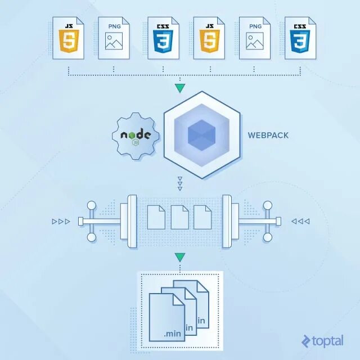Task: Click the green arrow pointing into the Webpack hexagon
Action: point(179,88)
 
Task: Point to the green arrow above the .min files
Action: point(179,258)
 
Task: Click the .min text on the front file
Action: point(172,333)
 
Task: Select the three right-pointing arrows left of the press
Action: point(61,221)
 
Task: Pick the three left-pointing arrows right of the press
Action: point(300,221)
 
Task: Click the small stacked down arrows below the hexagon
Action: point(179,184)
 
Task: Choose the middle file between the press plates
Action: point(179,217)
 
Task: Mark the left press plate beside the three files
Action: point(132,221)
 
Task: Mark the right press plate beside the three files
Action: point(227,221)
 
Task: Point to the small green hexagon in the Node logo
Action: point(136,143)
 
